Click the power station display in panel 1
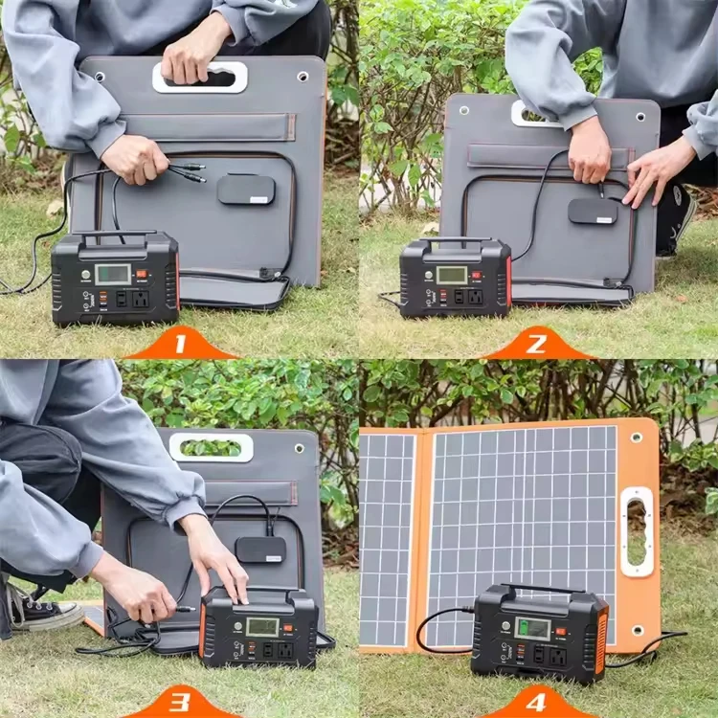click(112, 275)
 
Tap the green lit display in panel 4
click(533, 629)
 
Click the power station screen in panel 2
click(451, 276)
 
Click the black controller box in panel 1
click(245, 189)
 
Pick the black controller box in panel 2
click(593, 211)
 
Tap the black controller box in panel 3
click(260, 549)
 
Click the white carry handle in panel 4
click(637, 531)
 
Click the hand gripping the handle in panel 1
click(195, 60)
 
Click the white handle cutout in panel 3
click(212, 447)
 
